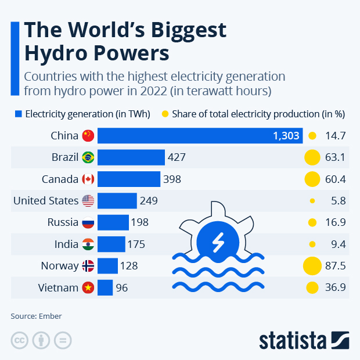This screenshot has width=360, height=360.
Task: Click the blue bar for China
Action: click(197, 136)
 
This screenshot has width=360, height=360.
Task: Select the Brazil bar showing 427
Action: click(131, 157)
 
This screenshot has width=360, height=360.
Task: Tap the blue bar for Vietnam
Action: click(105, 287)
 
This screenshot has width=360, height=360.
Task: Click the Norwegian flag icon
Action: click(88, 266)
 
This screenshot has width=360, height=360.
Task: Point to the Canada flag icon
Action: click(88, 179)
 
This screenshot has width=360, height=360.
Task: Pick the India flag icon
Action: click(88, 244)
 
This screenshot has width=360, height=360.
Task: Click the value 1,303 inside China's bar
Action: click(286, 136)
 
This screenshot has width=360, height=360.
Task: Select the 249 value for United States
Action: click(148, 201)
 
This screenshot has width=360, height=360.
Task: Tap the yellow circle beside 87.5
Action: click(312, 266)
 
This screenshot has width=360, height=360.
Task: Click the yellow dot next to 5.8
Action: click(312, 201)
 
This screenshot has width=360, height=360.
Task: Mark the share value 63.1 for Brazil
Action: click(336, 157)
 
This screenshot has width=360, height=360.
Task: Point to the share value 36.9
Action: click(336, 287)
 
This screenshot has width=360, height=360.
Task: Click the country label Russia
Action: click(62, 222)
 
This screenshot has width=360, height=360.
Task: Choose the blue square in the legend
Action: click(18, 114)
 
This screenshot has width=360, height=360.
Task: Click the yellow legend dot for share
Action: click(181, 114)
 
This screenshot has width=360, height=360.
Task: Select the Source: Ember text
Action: click(36, 316)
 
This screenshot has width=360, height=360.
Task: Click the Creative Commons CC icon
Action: click(20, 340)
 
